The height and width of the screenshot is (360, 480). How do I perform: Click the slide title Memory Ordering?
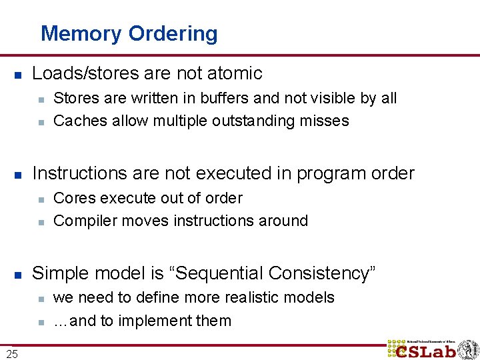pos(129,33)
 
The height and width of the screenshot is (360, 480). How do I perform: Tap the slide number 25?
pos(12,354)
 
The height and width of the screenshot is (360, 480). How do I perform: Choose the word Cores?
pos(72,199)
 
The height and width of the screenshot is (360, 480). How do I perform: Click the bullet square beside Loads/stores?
pos(19,74)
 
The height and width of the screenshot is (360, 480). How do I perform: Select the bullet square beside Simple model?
pos(19,274)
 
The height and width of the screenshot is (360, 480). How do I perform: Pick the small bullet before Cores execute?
pos(41,199)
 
